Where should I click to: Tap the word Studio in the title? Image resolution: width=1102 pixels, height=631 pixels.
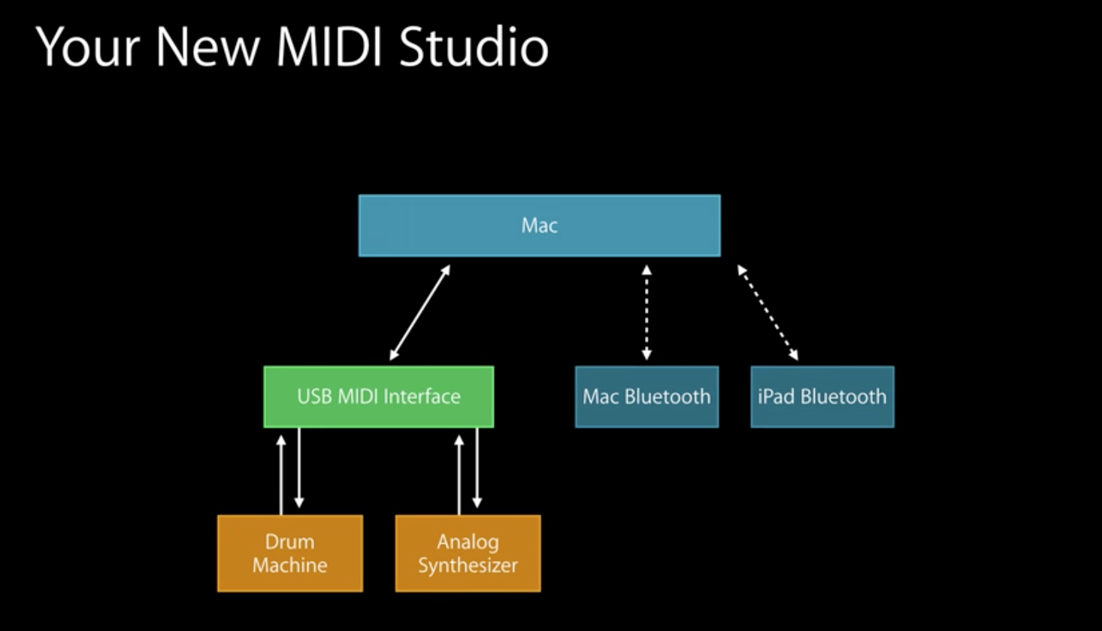pos(474,47)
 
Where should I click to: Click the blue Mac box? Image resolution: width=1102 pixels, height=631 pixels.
pos(539,225)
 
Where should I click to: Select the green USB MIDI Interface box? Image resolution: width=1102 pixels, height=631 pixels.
pos(379,397)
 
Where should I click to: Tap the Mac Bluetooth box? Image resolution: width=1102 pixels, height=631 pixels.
pos(646,397)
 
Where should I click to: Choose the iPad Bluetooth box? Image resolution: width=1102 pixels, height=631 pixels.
pos(822,397)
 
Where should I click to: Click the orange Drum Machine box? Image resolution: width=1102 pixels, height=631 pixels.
pos(290,553)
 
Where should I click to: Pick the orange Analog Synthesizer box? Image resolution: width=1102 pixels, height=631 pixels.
pos(468,553)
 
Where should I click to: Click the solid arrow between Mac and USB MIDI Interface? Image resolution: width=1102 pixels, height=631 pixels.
pos(419,312)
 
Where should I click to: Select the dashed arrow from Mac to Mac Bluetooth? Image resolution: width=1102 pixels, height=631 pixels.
pos(646,312)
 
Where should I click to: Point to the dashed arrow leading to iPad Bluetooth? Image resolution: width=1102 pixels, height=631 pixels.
pos(767,312)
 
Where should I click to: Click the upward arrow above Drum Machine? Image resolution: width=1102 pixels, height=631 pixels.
pos(281,473)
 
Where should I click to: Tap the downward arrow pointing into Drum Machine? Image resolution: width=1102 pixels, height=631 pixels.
pos(299,469)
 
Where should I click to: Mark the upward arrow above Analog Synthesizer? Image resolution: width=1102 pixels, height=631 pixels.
pos(459,473)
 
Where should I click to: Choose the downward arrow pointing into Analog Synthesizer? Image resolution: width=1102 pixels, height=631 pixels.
pos(477,469)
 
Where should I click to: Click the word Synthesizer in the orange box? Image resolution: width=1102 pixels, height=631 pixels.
pos(468,566)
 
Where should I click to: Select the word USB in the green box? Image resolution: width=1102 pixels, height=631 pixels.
pos(313,397)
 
